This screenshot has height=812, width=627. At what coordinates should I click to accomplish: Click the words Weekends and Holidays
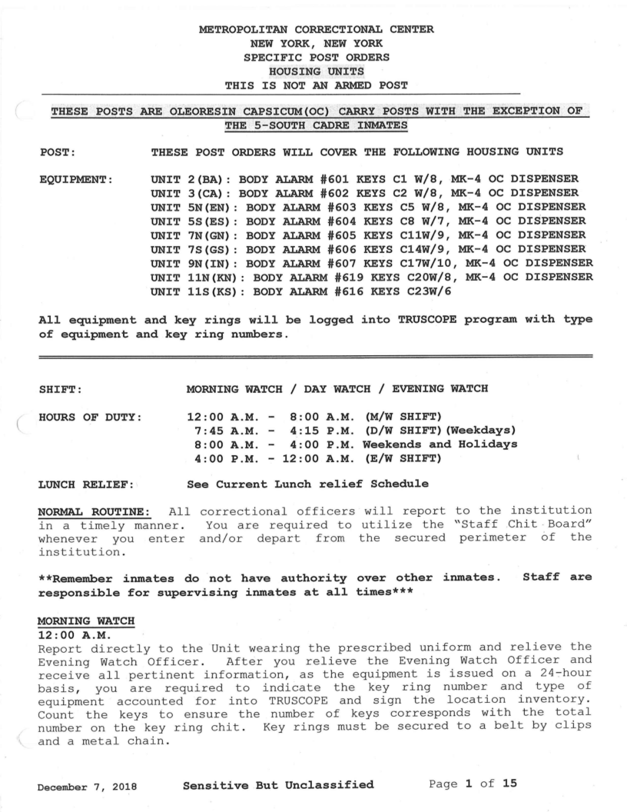coord(440,444)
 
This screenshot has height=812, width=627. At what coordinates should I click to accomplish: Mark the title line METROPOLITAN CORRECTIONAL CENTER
coord(316,29)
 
